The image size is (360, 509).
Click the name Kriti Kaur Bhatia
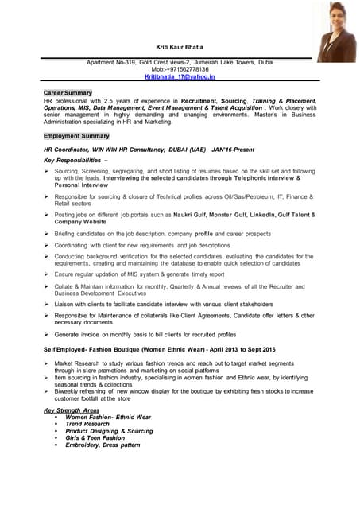(x=180, y=49)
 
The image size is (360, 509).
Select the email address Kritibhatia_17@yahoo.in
(x=180, y=77)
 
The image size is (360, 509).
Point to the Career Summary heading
(x=68, y=93)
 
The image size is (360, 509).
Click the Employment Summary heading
(x=76, y=136)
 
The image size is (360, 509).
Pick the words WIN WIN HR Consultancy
(x=126, y=149)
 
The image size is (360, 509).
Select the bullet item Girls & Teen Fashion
(x=95, y=437)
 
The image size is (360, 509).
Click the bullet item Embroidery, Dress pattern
(x=103, y=445)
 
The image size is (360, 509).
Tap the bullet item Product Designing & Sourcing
(x=109, y=431)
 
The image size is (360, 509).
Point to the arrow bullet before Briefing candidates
(x=48, y=234)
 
